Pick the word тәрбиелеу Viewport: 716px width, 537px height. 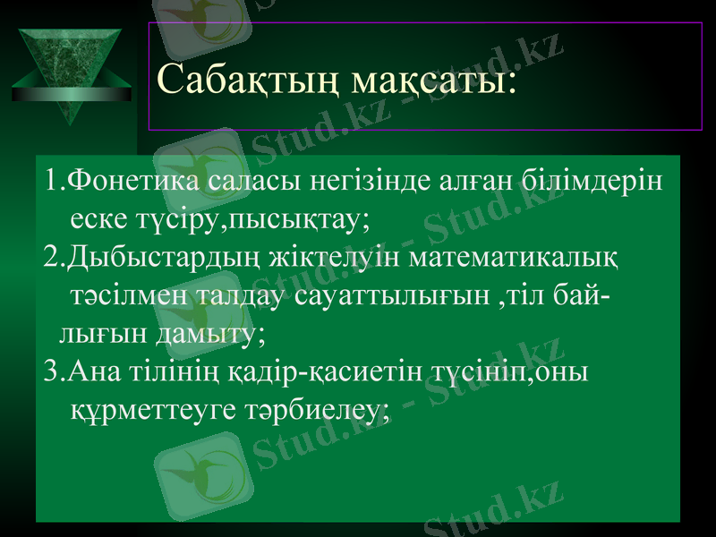click(x=315, y=410)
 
